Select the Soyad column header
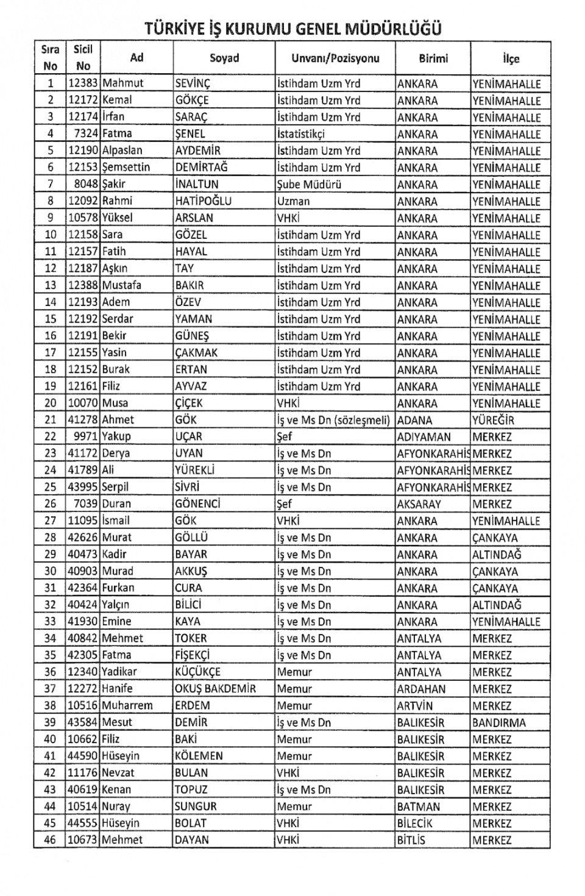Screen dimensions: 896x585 click(x=224, y=59)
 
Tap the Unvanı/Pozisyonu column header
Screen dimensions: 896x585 click(x=335, y=59)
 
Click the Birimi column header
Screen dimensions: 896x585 click(x=433, y=59)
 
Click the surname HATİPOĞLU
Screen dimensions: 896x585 click(x=203, y=201)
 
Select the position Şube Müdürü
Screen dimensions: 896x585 click(x=309, y=184)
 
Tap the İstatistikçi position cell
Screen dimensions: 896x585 click(x=301, y=133)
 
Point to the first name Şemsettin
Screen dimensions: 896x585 click(x=126, y=167)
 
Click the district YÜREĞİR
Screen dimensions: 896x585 click(x=493, y=420)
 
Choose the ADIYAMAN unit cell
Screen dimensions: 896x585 click(x=424, y=437)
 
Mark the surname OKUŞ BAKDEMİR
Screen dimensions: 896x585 click(x=215, y=689)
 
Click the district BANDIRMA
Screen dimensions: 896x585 click(x=498, y=723)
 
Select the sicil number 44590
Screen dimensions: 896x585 click(x=83, y=756)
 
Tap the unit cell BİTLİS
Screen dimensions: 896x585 click(x=411, y=840)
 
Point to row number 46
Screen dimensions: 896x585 click(x=50, y=840)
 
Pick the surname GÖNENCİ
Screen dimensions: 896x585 click(x=197, y=504)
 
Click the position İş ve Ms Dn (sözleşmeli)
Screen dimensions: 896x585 click(x=333, y=420)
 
